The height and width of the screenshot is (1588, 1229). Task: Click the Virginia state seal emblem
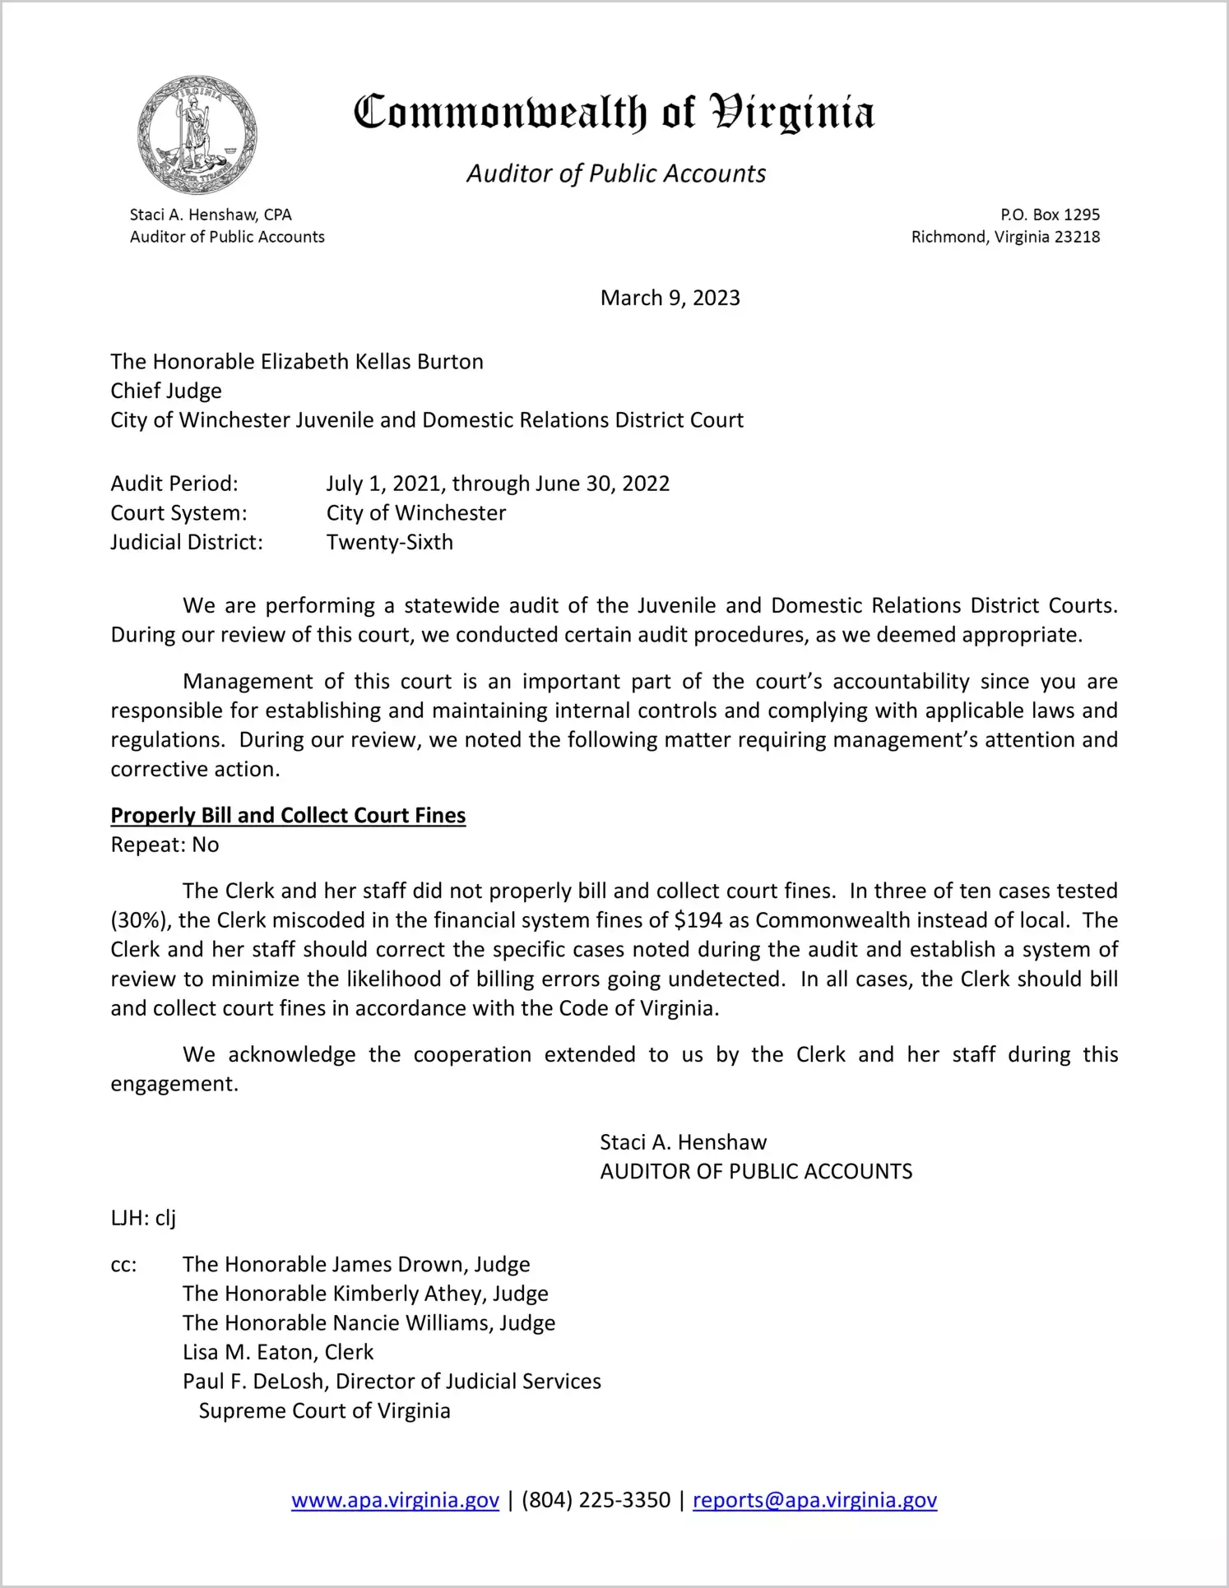click(197, 135)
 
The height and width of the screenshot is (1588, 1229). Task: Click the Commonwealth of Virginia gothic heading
click(614, 113)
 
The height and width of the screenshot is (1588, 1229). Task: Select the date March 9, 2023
click(670, 298)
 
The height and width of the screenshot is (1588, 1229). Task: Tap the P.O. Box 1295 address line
click(1050, 215)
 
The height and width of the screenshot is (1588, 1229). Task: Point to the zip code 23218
click(1077, 237)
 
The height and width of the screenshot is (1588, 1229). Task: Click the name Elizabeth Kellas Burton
click(372, 362)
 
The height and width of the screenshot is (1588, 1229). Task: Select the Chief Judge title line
click(166, 391)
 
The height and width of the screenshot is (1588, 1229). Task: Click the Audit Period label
click(174, 484)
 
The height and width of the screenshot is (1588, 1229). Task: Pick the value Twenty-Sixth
click(389, 542)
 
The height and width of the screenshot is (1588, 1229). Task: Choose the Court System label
click(179, 513)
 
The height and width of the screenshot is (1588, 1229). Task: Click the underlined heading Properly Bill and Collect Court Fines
click(288, 815)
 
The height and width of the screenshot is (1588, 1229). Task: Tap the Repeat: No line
click(165, 845)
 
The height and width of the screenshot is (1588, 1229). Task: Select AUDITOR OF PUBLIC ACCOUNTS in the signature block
click(756, 1171)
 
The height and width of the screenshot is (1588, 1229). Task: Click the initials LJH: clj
click(143, 1218)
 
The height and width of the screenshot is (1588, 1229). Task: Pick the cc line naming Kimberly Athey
click(365, 1294)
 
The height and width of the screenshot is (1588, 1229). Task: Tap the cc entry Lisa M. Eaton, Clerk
click(278, 1352)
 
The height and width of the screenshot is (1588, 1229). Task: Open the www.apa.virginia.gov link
click(395, 1500)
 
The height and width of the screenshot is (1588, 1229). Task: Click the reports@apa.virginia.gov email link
click(814, 1500)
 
